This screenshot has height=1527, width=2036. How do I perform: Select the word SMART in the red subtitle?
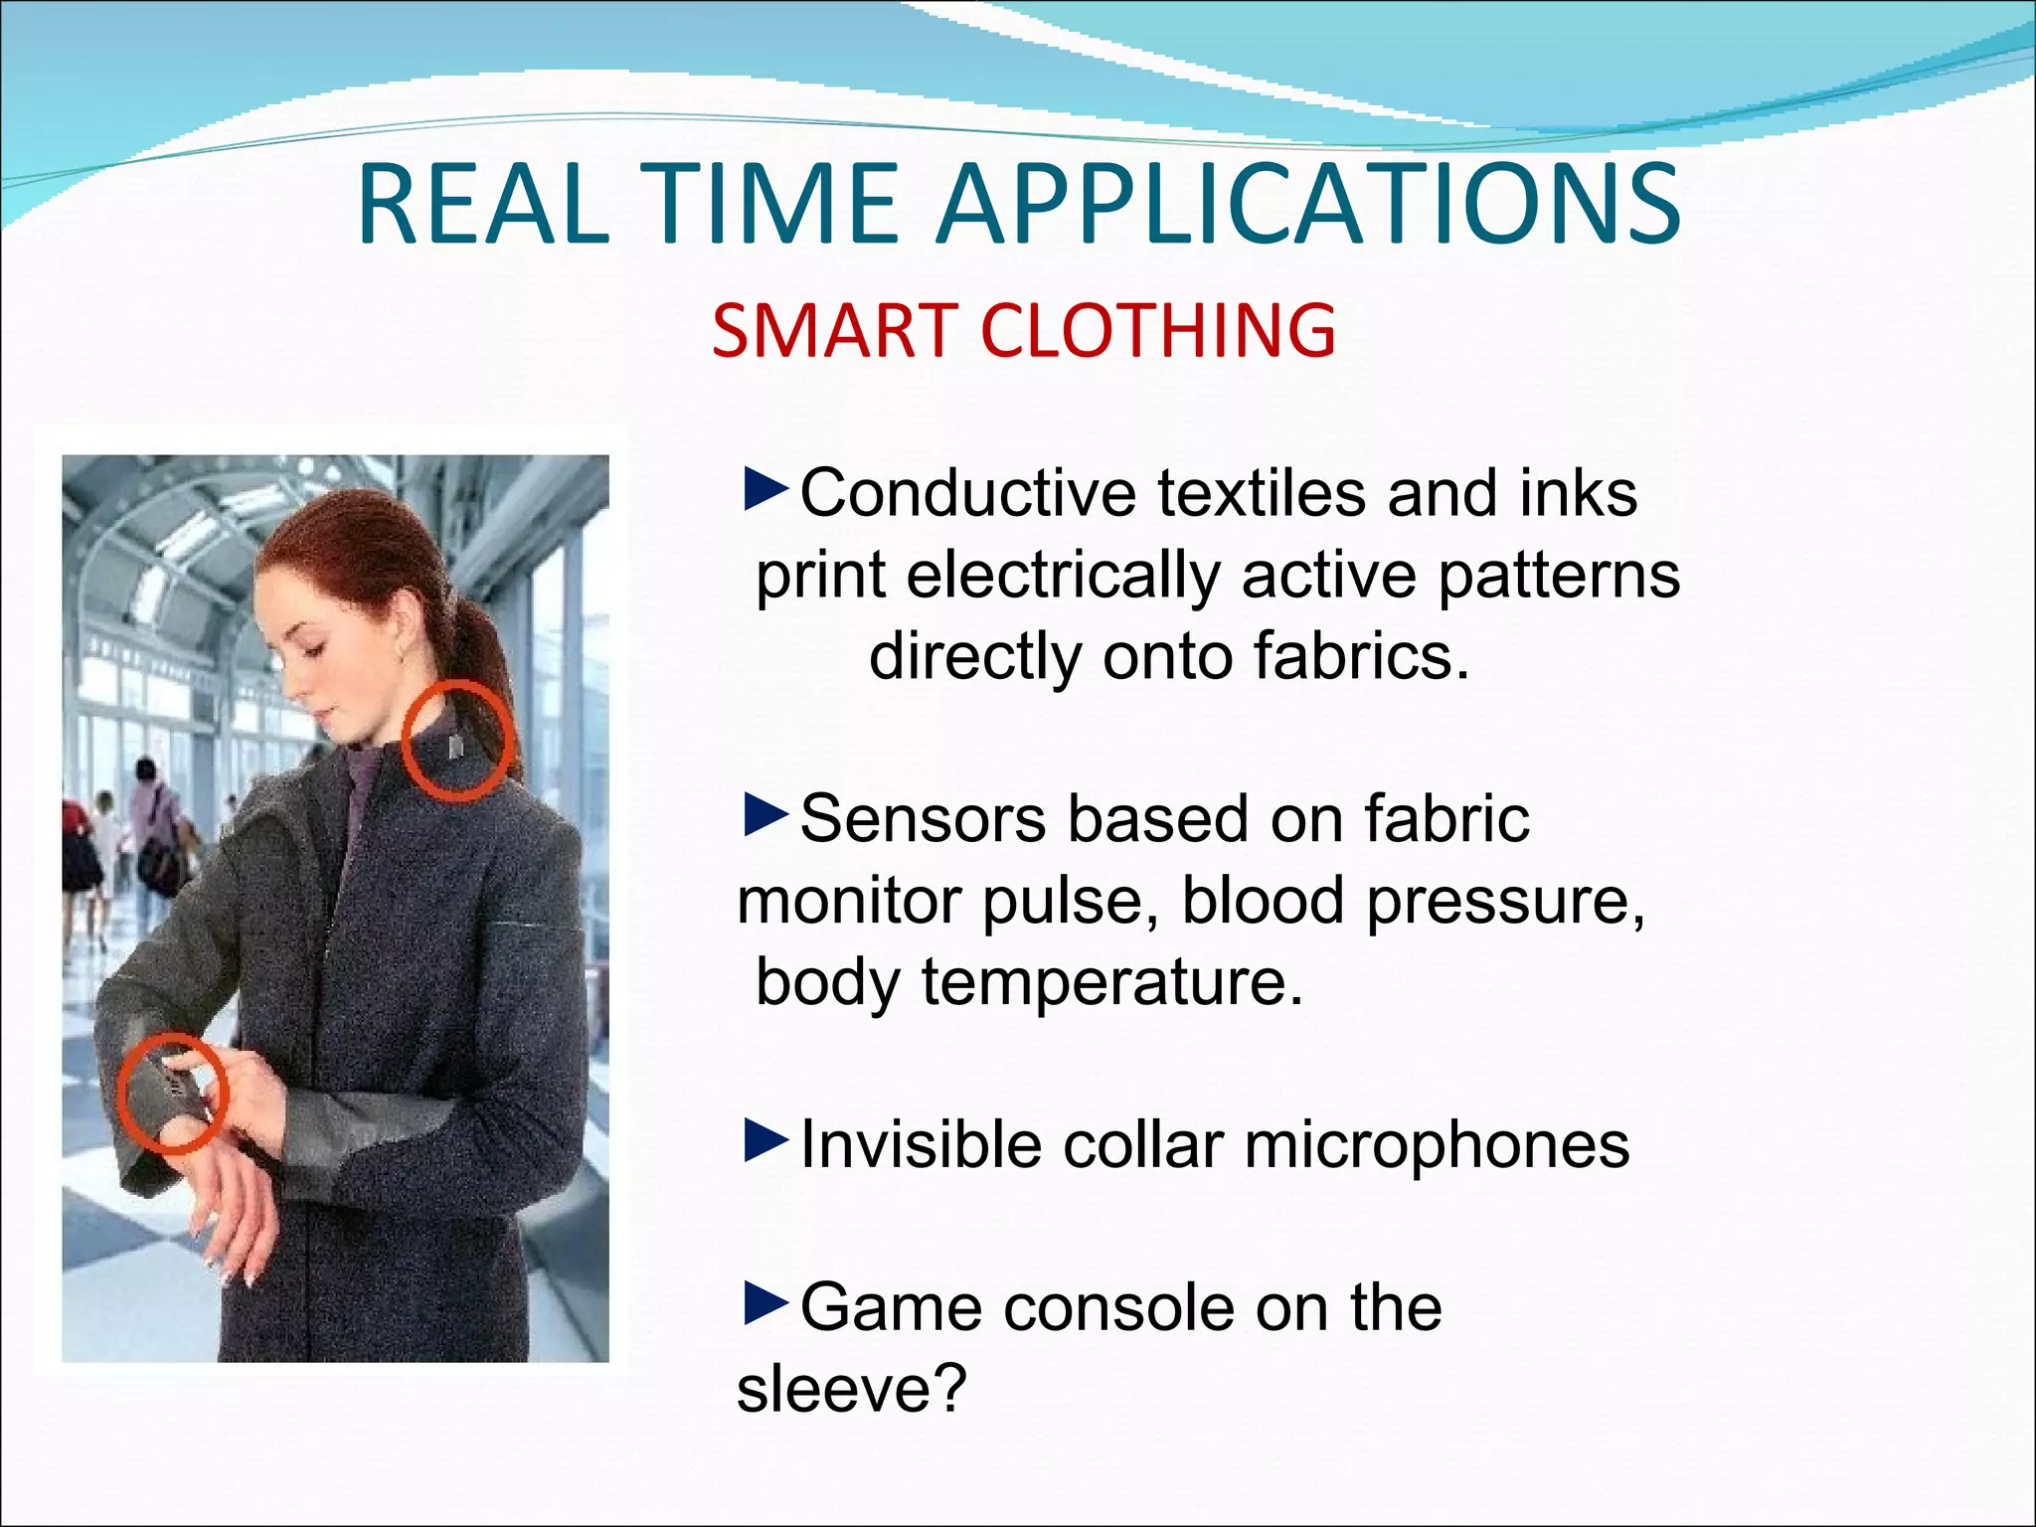click(834, 330)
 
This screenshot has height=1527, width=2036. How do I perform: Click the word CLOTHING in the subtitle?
click(1159, 330)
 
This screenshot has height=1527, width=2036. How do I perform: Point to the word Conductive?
click(967, 493)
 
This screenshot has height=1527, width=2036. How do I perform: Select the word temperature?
click(1111, 982)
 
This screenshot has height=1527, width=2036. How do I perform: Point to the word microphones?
click(1437, 1145)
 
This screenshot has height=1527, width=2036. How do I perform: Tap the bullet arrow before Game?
click(765, 1304)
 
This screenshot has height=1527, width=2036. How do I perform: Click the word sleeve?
click(851, 1389)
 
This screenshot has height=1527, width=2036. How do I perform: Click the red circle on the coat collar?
click(459, 741)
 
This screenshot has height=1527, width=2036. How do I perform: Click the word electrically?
click(1063, 576)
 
